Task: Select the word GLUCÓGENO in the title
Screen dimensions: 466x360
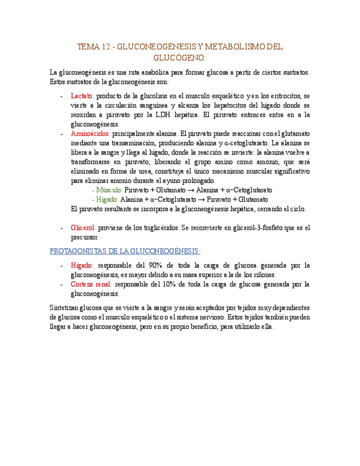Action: [180, 58]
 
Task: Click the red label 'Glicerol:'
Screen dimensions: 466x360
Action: [84, 228]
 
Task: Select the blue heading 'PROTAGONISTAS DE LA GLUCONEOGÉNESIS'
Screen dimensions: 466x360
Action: [125, 251]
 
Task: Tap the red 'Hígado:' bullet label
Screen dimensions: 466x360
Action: [82, 265]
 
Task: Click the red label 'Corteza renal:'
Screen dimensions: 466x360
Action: [91, 284]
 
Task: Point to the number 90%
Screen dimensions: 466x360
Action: [154, 265]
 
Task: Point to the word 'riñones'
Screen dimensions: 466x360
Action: [263, 275]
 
